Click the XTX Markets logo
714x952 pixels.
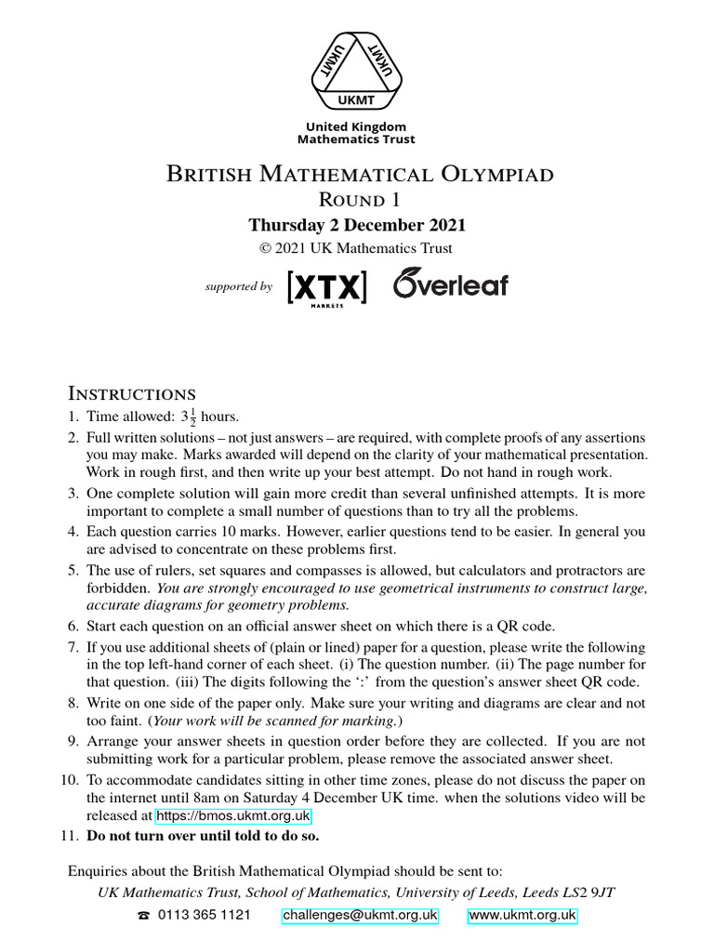327,287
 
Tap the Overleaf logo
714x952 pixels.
451,284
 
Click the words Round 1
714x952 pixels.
358,200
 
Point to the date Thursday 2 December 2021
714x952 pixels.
357,225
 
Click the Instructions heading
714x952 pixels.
132,393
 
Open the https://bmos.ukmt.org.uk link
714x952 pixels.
233,816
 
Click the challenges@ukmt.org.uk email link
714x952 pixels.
360,915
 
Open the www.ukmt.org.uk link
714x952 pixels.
522,915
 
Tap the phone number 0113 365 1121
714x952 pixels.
205,915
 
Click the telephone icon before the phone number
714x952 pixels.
143,916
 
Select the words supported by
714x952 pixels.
238,287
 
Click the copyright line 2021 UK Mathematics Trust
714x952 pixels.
357,248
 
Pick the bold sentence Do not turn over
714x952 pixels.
203,836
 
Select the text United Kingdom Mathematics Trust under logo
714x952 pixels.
356,132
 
